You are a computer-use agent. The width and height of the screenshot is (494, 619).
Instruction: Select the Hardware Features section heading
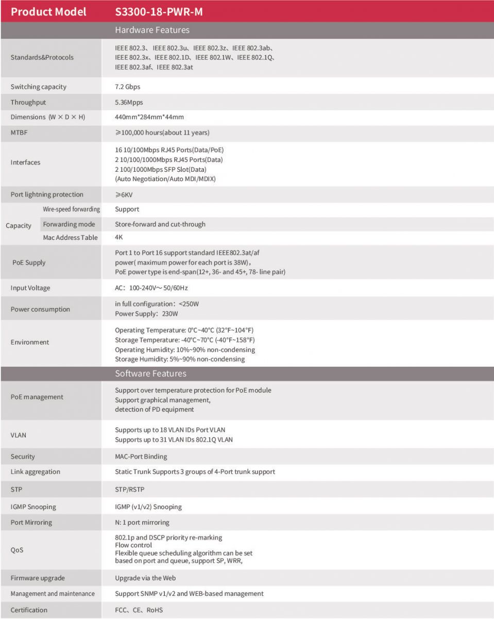pyautogui.click(x=152, y=30)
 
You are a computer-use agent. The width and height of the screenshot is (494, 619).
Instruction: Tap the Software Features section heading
pyautogui.click(x=150, y=373)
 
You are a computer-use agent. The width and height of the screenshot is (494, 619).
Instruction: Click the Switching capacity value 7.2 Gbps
pyautogui.click(x=127, y=87)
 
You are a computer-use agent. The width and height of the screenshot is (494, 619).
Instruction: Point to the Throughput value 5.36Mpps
pyautogui.click(x=129, y=102)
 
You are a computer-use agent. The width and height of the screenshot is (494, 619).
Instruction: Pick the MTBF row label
pyautogui.click(x=19, y=133)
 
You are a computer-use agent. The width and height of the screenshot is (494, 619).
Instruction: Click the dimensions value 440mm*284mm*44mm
pyautogui.click(x=149, y=117)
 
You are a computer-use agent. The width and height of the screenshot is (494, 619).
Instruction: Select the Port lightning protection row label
pyautogui.click(x=47, y=194)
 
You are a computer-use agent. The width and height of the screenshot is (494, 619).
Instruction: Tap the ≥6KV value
pyautogui.click(x=124, y=194)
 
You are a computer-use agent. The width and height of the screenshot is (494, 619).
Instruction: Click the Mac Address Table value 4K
pyautogui.click(x=119, y=237)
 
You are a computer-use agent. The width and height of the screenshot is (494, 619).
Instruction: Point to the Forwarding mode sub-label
pyautogui.click(x=69, y=224)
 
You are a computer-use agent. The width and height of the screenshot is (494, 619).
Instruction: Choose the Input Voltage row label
pyautogui.click(x=30, y=288)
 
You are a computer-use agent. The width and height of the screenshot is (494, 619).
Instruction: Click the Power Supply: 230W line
pyautogui.click(x=146, y=314)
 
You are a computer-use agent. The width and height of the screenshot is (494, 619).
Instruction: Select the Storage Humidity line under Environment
pyautogui.click(x=180, y=359)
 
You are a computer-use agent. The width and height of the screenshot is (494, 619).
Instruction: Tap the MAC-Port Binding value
pyautogui.click(x=141, y=457)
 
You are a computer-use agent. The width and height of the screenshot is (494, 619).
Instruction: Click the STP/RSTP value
pyautogui.click(x=130, y=489)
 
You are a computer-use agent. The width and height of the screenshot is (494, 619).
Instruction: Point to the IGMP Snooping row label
pyautogui.click(x=33, y=507)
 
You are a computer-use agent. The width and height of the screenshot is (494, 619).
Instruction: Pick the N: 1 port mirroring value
pyautogui.click(x=142, y=523)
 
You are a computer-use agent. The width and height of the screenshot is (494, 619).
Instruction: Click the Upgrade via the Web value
pyautogui.click(x=145, y=578)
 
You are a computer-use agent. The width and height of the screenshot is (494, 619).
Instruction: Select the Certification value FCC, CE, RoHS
pyautogui.click(x=139, y=610)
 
